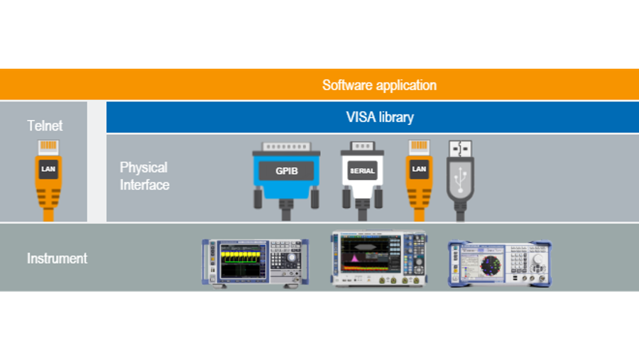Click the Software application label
[x=379, y=85]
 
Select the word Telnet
[x=45, y=126]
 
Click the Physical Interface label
[x=144, y=176]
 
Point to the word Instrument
[x=57, y=258]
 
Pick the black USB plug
[x=459, y=178]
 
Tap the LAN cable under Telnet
[x=48, y=178]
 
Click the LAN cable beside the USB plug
[x=419, y=178]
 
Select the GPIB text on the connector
[x=286, y=171]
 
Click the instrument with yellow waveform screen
[x=255, y=262]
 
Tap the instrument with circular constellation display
[x=500, y=263]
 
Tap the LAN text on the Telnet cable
[x=48, y=169]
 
